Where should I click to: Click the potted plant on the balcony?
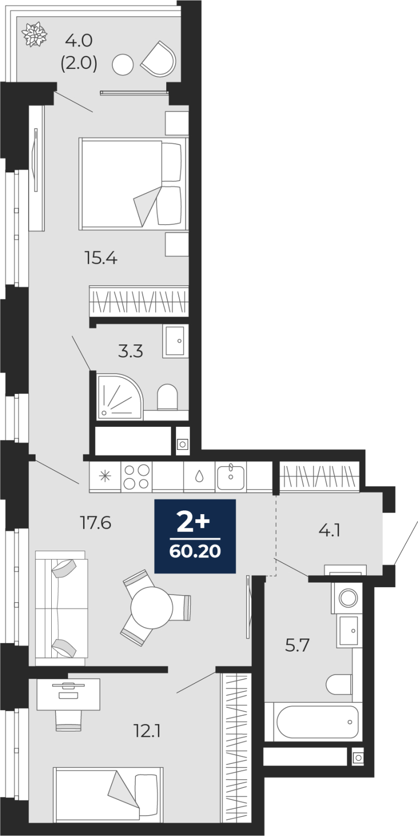pyautogui.click(x=34, y=34)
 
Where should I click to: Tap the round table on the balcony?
pyautogui.click(x=123, y=65)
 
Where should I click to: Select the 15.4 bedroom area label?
pyautogui.click(x=101, y=258)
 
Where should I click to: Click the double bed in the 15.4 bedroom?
pyautogui.click(x=133, y=183)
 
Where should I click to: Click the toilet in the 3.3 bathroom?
pyautogui.click(x=167, y=398)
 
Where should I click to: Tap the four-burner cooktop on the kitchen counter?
pyautogui.click(x=136, y=477)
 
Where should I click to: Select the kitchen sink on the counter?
pyautogui.click(x=231, y=477)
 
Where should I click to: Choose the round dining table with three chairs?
pyautogui.click(x=152, y=608)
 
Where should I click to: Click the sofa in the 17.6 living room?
pyautogui.click(x=62, y=608)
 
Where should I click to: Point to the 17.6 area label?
pyautogui.click(x=96, y=523)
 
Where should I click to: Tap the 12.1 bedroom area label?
pyautogui.click(x=147, y=731)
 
